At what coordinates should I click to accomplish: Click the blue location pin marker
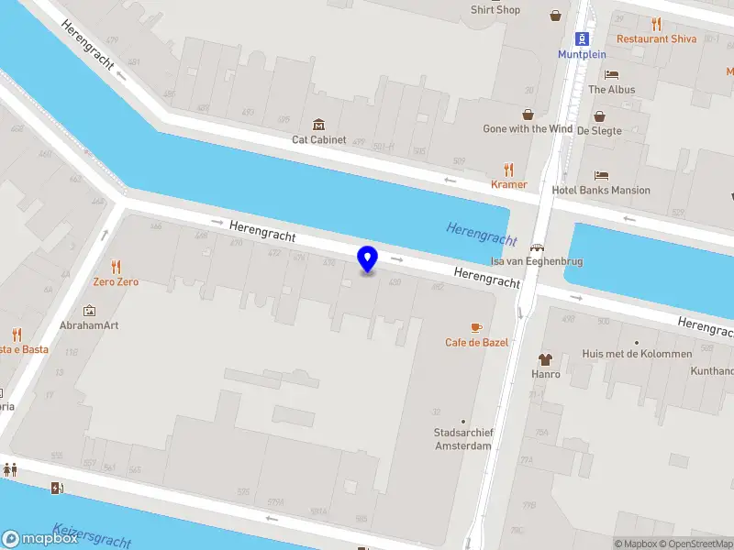[367, 259]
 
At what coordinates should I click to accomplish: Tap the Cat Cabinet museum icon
[318, 124]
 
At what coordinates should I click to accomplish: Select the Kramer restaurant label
[509, 184]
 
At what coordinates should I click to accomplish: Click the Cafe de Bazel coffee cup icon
[476, 327]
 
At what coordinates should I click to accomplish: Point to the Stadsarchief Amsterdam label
[462, 439]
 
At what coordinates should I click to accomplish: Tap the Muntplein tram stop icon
[582, 38]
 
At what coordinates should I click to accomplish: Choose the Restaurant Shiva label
[656, 38]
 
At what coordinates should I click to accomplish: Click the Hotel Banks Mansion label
[601, 191]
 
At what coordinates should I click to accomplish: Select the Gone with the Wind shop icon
[528, 115]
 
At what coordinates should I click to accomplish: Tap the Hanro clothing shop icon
[546, 359]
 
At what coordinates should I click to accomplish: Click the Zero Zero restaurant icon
[116, 267]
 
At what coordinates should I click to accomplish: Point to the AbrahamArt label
[89, 325]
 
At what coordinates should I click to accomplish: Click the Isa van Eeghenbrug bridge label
[537, 261]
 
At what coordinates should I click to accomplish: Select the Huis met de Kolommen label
[637, 354]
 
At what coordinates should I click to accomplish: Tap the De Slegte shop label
[599, 130]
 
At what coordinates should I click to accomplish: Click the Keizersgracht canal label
[92, 535]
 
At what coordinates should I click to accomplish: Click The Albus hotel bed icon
[611, 75]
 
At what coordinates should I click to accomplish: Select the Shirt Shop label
[495, 10]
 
